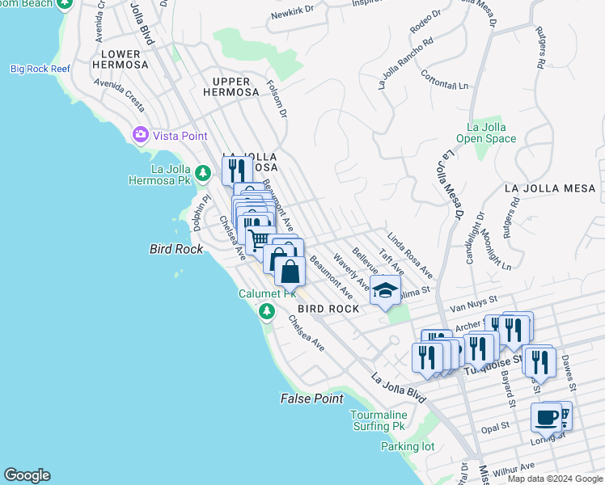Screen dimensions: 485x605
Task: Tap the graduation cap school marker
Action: [x=385, y=289]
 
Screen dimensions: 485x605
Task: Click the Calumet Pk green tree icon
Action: [x=265, y=311]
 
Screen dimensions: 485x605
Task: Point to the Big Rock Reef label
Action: [x=41, y=69]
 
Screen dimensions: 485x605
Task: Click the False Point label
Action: [x=311, y=399]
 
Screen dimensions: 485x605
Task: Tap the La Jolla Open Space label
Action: [x=485, y=133]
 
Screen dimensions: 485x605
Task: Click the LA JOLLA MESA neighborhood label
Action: [x=549, y=188]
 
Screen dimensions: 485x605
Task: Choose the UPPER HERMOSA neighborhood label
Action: [x=235, y=87]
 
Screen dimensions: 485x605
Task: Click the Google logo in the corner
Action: [x=27, y=475]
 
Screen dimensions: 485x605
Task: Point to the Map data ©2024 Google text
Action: [x=555, y=479]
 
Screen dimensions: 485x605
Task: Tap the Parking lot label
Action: [x=408, y=446]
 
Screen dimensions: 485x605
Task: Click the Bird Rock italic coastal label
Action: [x=176, y=249]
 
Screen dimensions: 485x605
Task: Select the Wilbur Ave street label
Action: [x=515, y=466]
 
